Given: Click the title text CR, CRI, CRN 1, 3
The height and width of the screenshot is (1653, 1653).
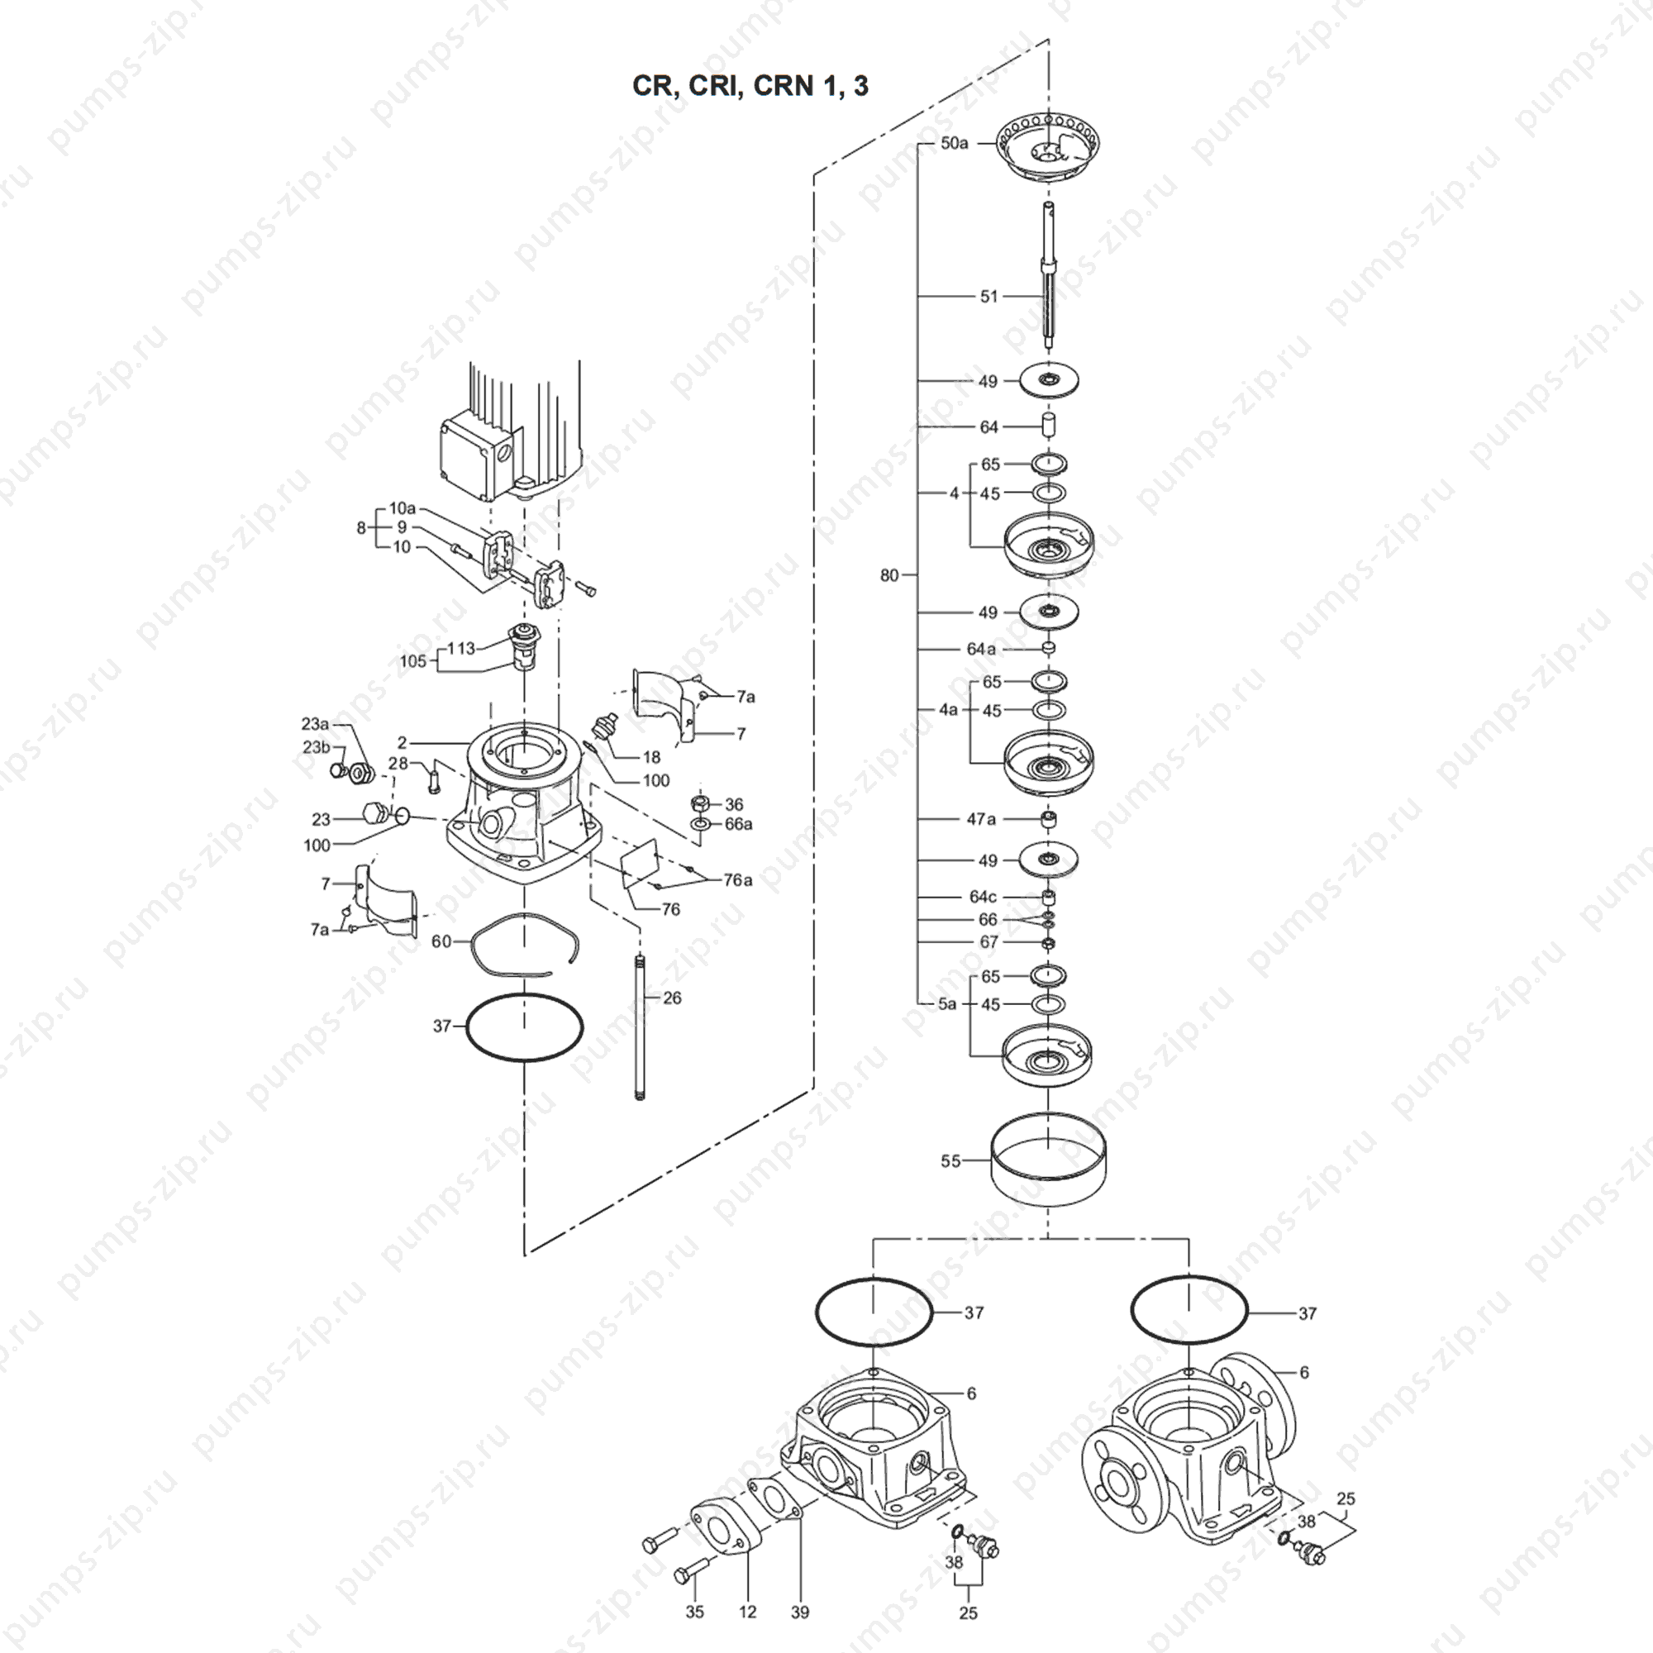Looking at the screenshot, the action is tap(750, 87).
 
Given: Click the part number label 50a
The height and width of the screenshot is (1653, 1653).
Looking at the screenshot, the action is tap(954, 144).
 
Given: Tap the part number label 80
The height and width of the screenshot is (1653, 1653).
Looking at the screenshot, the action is tap(890, 576).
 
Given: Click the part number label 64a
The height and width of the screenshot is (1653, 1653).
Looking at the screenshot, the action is tap(981, 650).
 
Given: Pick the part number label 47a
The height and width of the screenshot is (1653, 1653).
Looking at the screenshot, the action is tap(981, 819).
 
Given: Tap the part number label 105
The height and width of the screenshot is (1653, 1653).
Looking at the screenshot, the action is tap(412, 661).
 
